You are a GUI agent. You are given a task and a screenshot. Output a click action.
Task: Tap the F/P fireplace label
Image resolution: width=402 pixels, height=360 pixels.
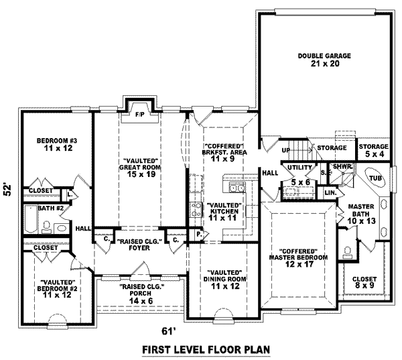pos(140,115)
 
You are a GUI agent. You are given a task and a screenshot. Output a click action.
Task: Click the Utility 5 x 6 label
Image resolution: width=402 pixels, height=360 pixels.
pos(299,174)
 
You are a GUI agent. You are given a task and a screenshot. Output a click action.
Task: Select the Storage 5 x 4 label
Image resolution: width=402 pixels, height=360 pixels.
pos(373,150)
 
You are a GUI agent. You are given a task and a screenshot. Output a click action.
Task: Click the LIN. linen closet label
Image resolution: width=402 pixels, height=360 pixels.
pos(330,193)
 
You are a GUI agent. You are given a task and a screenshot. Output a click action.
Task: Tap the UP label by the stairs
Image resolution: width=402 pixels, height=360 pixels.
pos(285,150)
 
